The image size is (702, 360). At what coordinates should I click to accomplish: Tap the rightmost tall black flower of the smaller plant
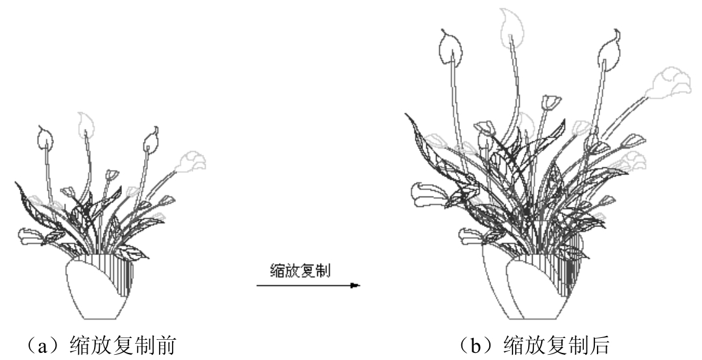[x=151, y=138]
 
